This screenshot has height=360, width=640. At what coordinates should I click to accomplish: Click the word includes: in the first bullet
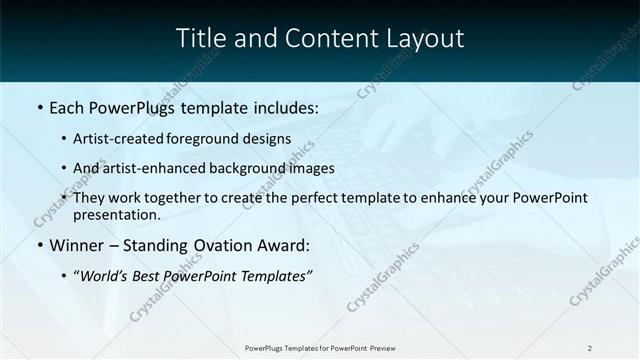click(279, 106)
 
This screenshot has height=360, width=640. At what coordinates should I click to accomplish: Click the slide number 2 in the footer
click(590, 348)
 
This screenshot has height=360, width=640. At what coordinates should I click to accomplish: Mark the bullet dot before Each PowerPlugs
click(39, 106)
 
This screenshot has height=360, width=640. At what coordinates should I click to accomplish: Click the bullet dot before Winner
click(39, 244)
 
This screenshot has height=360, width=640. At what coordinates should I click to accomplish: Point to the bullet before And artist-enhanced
click(65, 168)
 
